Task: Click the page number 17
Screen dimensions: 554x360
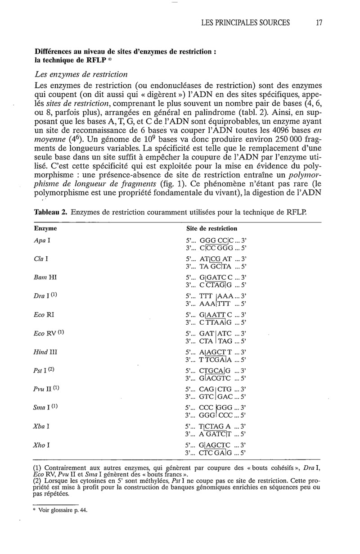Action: point(319,22)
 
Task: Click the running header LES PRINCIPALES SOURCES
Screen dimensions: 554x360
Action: point(246,22)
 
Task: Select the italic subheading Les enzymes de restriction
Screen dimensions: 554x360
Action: point(81,73)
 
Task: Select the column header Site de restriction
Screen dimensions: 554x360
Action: point(211,228)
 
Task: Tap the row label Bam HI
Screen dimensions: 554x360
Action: point(45,277)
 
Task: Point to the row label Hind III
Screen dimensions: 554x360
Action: point(45,351)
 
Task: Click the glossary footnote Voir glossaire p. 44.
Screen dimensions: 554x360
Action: point(62,510)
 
